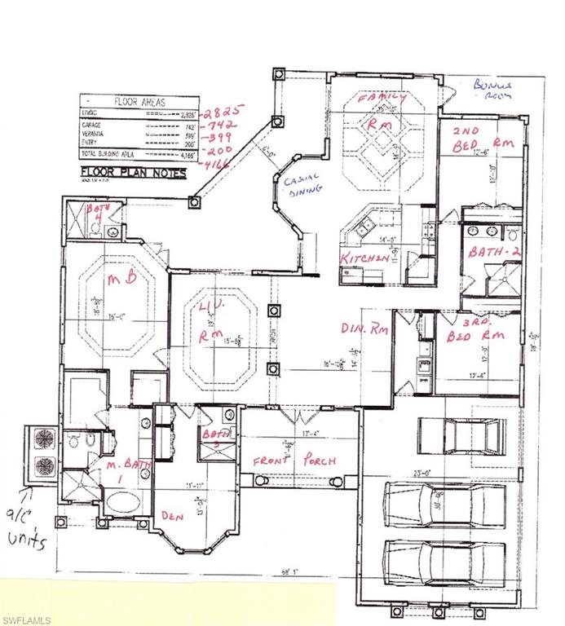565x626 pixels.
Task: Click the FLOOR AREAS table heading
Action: coord(139,103)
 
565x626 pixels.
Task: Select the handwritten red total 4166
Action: coord(218,165)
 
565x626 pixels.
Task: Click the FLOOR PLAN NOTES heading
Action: coord(133,173)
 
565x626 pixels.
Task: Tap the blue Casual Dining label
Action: coord(302,183)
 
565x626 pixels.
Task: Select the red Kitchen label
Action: coord(364,258)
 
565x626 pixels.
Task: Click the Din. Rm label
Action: coord(364,330)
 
